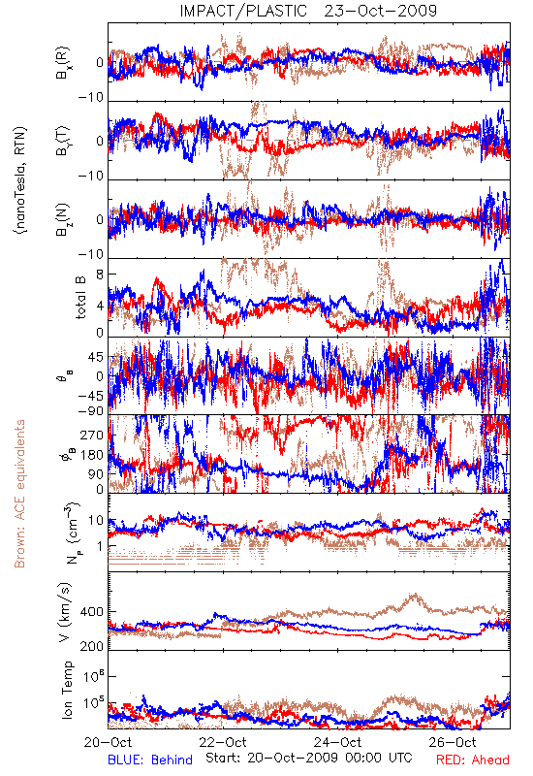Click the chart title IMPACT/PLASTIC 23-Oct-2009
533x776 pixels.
click(308, 11)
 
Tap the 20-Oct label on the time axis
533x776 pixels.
click(109, 742)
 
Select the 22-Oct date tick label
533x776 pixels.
click(223, 742)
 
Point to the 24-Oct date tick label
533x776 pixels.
click(337, 742)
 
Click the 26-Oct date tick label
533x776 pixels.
click(453, 742)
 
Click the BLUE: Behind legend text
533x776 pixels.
click(150, 760)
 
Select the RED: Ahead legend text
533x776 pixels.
click(473, 760)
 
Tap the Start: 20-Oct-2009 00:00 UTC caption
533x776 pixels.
click(309, 758)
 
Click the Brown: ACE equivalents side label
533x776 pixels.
click(19, 494)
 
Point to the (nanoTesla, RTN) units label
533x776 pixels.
click(20, 180)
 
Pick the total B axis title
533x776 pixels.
click(80, 298)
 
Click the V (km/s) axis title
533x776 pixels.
click(65, 613)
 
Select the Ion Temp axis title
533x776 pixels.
click(67, 690)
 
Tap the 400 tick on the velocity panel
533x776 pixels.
click(92, 612)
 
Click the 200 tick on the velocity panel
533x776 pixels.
click(92, 646)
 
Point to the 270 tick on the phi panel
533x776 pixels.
click(92, 435)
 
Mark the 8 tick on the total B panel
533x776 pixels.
click(100, 274)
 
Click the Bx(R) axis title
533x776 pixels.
click(63, 63)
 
